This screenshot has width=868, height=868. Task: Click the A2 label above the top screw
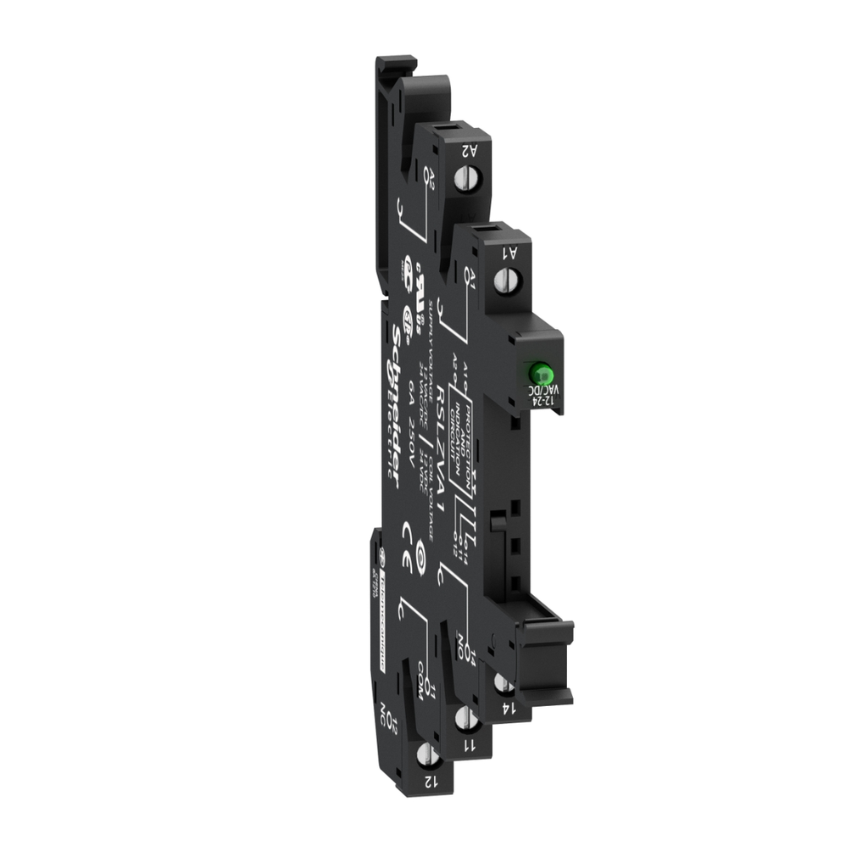click(x=465, y=151)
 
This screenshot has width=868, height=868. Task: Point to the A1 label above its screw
click(x=510, y=251)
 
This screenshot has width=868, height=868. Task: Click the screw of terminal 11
click(x=464, y=719)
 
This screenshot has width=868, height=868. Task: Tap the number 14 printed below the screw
click(x=507, y=707)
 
